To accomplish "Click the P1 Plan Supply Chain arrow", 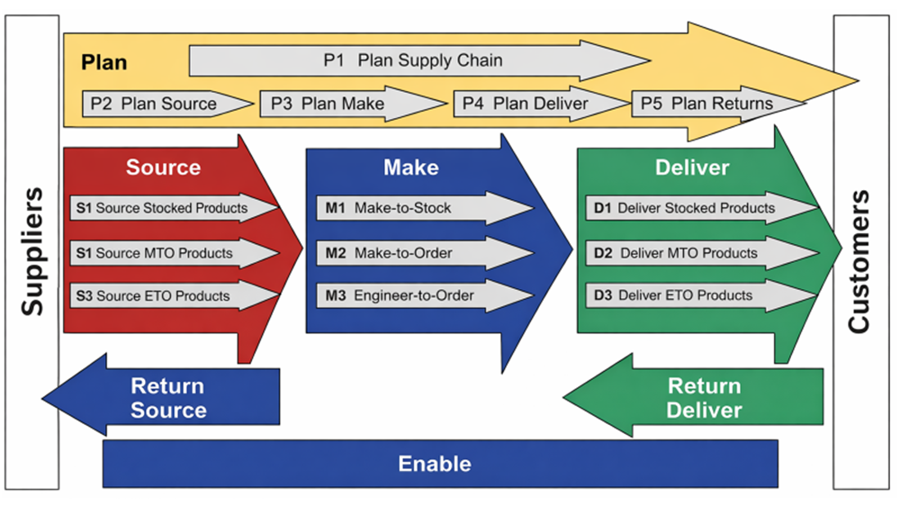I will (x=414, y=61).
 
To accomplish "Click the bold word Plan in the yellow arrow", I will (x=104, y=63).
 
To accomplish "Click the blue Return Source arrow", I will (x=166, y=398).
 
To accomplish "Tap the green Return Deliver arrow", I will (x=702, y=398).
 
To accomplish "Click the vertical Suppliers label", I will (x=31, y=252).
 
